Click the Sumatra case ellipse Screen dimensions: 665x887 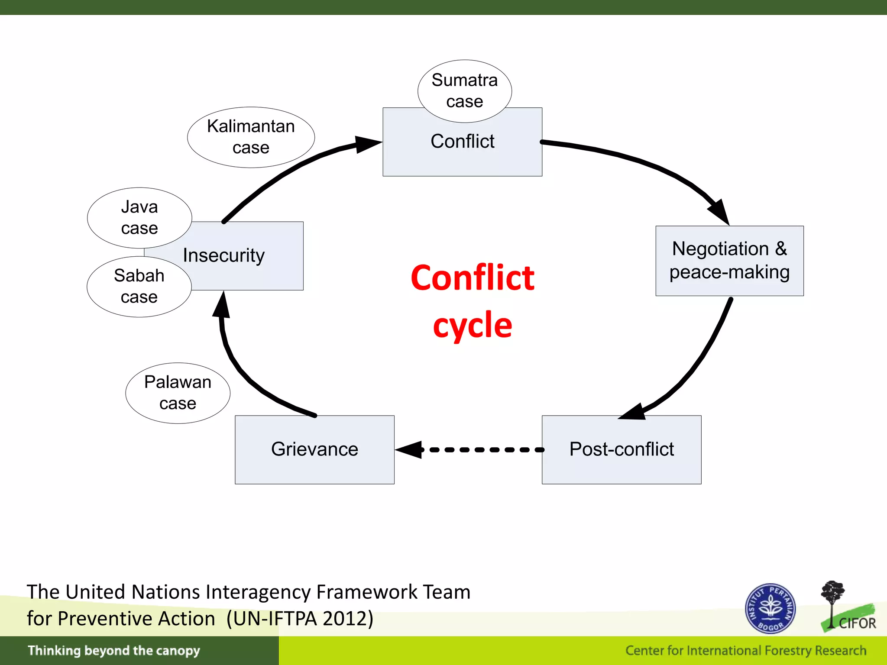coord(464,91)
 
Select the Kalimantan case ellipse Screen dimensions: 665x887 coord(251,137)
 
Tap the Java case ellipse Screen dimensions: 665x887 coord(139,217)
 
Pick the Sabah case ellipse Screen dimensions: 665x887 coord(139,286)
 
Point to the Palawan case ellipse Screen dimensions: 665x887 coord(178,393)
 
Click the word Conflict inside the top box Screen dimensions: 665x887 coord(462,142)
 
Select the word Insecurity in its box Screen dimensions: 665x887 coord(223,255)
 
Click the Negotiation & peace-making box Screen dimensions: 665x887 coord(729,261)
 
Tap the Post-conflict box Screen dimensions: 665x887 coord(621,449)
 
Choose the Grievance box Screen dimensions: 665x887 coord(314,449)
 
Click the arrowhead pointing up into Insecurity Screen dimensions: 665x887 coord(222,305)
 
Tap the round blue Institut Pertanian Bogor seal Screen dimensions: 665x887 coord(770,608)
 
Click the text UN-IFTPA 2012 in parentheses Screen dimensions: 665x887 coord(300,618)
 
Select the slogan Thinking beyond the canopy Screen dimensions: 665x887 coord(114,651)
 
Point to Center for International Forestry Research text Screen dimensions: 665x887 coord(745,651)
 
